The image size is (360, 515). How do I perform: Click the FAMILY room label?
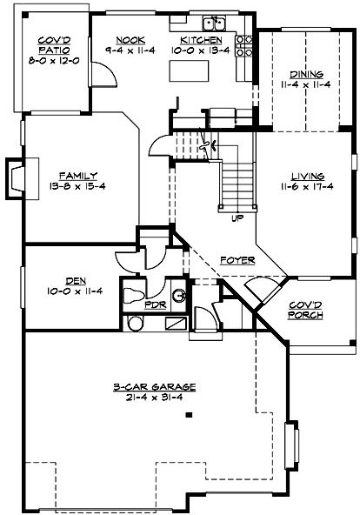click(x=77, y=175)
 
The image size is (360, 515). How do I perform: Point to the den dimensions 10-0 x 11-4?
click(x=75, y=291)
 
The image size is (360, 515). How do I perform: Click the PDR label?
click(x=155, y=305)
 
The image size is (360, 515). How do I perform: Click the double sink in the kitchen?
click(x=213, y=23)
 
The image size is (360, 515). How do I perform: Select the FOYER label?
click(x=237, y=260)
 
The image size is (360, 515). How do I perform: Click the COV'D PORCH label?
click(x=304, y=310)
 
